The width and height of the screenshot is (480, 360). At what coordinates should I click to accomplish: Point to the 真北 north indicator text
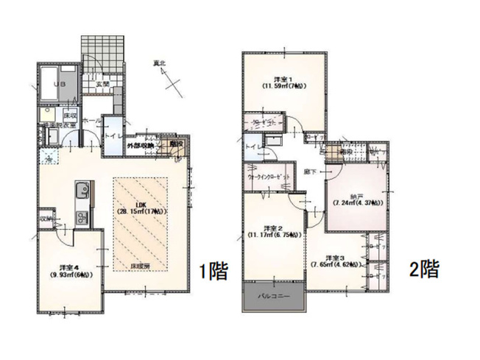[x=160, y=63]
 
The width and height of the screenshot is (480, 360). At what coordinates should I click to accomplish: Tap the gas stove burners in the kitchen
[x=81, y=216]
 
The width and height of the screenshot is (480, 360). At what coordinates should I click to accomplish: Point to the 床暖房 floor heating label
[x=141, y=263]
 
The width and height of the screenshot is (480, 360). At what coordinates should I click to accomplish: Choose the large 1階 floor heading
[x=213, y=271]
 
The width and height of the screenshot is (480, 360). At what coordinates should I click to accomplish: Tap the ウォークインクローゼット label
[x=266, y=177]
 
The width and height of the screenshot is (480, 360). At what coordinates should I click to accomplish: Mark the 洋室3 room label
[x=336, y=259]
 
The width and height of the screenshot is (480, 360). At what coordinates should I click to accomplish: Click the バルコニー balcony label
[x=269, y=297]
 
